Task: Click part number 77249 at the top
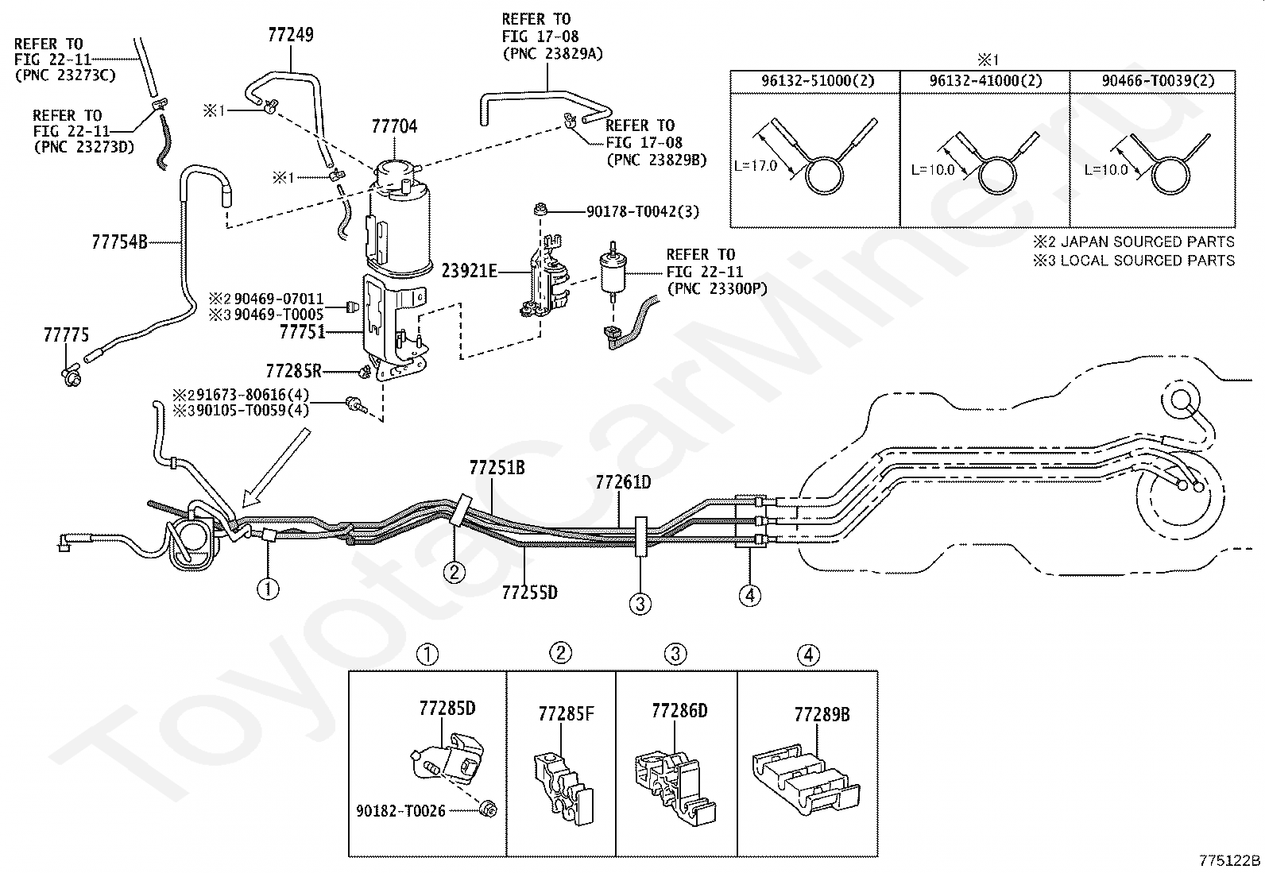[x=291, y=35]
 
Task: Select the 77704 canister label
[x=394, y=126]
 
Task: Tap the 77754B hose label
[x=120, y=242]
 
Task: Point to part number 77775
[x=66, y=335]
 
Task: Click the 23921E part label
[x=470, y=272]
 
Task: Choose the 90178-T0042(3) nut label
[x=643, y=212]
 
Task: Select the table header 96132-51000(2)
[x=818, y=81]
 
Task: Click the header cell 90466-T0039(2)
[x=1158, y=81]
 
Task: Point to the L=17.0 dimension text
[x=756, y=166]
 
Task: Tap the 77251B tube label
[x=497, y=468]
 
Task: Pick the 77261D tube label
[x=624, y=483]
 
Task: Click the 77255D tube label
[x=530, y=593]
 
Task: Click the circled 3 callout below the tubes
[x=640, y=605]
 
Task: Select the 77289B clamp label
[x=822, y=715]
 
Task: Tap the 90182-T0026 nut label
[x=401, y=811]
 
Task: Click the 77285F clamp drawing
[x=563, y=789]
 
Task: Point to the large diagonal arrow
[x=277, y=467]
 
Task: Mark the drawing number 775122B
[x=1229, y=860]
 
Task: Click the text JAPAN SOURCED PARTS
[x=1147, y=242]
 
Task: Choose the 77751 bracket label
[x=303, y=332]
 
